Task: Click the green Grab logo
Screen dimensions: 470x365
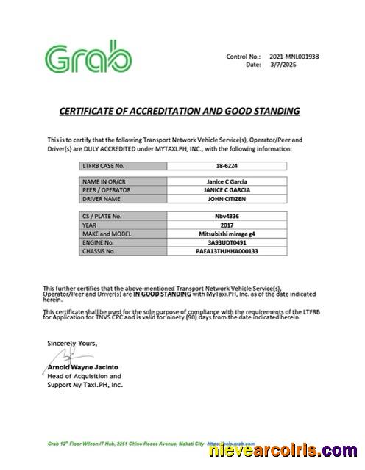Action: tap(89, 60)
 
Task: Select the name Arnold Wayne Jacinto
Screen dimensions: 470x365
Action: tap(83, 367)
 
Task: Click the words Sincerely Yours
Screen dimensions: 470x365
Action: tap(71, 343)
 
